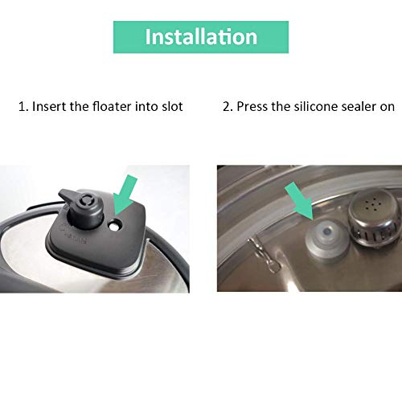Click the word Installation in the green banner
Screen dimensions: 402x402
pyautogui.click(x=201, y=36)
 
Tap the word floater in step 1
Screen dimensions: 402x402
pyautogui.click(x=111, y=106)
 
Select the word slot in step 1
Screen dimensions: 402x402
pyautogui.click(x=172, y=106)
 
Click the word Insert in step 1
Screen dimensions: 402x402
pyautogui.click(x=49, y=106)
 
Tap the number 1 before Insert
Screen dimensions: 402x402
pyautogui.click(x=23, y=107)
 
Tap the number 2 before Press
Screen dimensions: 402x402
pyautogui.click(x=228, y=107)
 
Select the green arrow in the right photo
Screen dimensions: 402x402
pyautogui.click(x=299, y=200)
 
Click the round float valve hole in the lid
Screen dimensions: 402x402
pyautogui.click(x=115, y=224)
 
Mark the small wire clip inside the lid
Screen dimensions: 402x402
pyautogui.click(x=263, y=255)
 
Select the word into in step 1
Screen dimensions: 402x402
pyautogui.click(x=146, y=106)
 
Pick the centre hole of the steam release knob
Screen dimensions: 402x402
pyautogui.click(x=86, y=199)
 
